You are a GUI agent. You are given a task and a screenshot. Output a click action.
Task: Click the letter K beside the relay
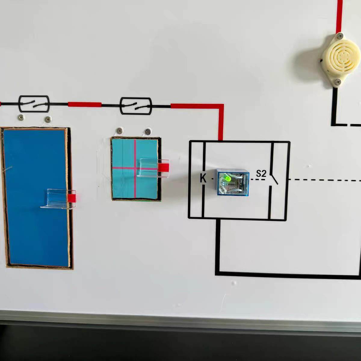point(203,178)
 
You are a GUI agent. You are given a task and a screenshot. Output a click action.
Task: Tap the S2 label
point(261,174)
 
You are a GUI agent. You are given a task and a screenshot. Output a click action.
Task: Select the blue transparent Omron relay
point(233,182)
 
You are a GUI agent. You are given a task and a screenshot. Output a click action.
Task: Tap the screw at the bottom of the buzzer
point(338,81)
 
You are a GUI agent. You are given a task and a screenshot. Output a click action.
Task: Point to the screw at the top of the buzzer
point(340,36)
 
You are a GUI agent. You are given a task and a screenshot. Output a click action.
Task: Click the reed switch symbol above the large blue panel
point(34,104)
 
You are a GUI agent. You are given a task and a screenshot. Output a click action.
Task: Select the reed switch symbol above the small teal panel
point(135,106)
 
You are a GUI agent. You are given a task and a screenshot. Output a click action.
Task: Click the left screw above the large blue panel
point(21,117)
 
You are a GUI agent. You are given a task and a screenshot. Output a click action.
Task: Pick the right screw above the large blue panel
point(47,119)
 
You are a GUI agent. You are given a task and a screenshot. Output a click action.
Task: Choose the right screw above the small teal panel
point(147,131)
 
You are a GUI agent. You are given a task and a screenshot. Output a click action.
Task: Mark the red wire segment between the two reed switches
point(85,104)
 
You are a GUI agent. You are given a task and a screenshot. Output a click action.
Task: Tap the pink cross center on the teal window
point(135,168)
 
